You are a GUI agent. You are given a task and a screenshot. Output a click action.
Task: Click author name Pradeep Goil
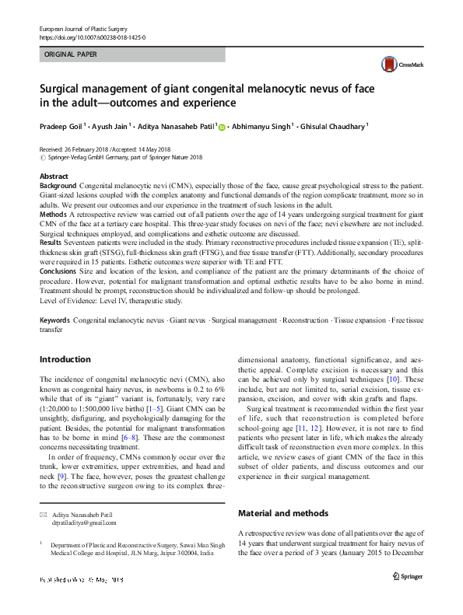(61, 126)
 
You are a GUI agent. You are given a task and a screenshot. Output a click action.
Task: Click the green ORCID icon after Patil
(221, 127)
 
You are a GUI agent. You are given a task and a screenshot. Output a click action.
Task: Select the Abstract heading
(54, 177)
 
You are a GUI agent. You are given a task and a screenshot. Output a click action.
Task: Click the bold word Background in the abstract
(58, 187)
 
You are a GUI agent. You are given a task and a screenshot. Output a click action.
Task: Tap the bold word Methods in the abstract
(53, 212)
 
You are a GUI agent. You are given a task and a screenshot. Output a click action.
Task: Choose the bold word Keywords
(54, 320)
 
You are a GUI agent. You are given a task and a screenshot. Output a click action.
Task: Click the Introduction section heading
(65, 359)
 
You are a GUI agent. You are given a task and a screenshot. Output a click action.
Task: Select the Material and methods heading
(277, 514)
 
